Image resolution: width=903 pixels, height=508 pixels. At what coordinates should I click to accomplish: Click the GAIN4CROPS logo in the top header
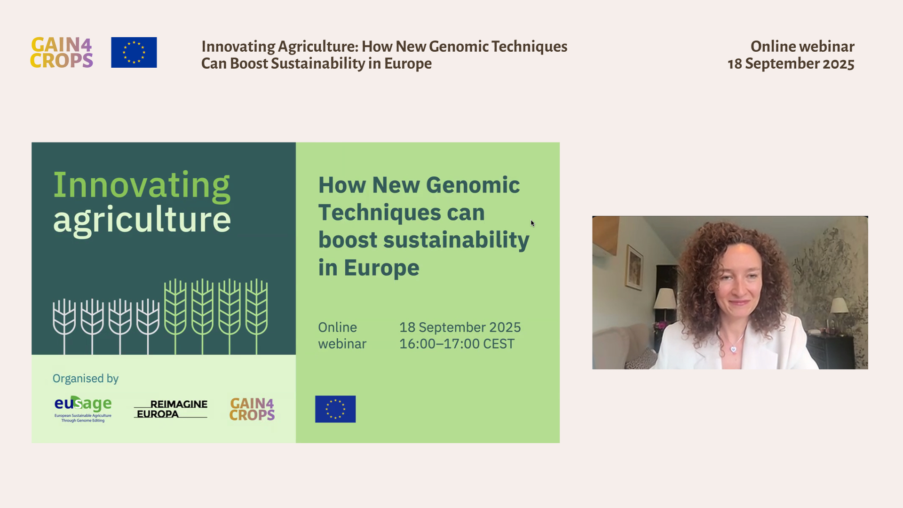62,53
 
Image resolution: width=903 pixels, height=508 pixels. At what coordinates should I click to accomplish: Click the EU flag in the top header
134,52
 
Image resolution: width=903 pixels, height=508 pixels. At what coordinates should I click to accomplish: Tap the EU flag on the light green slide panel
335,409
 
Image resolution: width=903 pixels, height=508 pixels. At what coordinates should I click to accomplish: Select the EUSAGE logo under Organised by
83,409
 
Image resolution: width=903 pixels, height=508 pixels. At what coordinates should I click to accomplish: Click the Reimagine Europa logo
171,409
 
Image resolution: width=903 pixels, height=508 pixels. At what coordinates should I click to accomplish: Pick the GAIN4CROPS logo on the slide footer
252,409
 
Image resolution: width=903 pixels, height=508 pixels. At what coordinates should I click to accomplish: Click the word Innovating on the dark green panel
142,185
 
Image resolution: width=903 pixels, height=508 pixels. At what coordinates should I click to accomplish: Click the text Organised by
86,378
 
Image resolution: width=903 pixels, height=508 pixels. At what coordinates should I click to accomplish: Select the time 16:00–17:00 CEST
457,344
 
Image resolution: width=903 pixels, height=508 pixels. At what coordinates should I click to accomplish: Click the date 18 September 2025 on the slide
460,327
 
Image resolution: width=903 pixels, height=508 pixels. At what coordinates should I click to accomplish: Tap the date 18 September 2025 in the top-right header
791,63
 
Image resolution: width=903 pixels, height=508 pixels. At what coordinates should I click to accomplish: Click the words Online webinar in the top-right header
802,46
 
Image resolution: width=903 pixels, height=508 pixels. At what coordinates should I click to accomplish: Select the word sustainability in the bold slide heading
456,240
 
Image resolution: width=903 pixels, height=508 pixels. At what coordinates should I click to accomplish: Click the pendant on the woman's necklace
733,349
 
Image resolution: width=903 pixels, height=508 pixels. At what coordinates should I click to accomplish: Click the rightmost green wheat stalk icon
257,316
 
